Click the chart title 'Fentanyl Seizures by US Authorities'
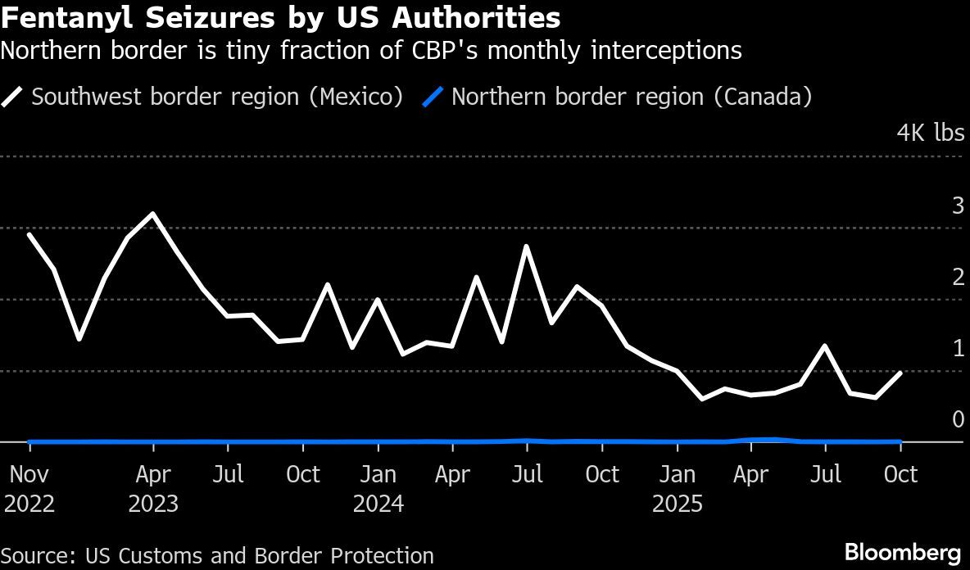pos(280,18)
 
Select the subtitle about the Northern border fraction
pos(370,51)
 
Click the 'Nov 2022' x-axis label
pos(29,488)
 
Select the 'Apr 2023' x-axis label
pos(153,488)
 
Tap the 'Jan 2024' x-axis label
pos(378,488)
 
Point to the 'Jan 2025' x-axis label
pos(678,488)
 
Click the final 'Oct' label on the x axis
pos(901,474)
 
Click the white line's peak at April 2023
pos(153,215)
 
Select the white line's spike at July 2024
pos(526,247)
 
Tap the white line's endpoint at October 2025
pos(901,373)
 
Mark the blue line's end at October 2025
pos(901,441)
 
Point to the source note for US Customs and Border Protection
pos(217,555)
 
